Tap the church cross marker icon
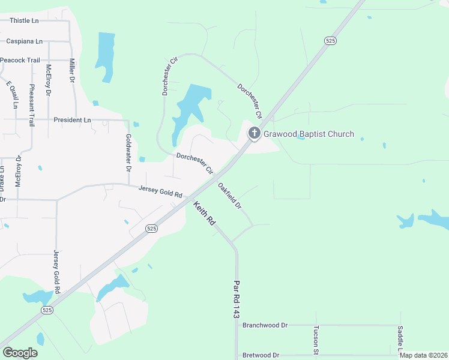[x=254, y=133]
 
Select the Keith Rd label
[x=204, y=214]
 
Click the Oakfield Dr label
[x=229, y=196]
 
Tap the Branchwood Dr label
[x=265, y=325]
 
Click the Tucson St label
[x=316, y=340]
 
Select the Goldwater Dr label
[x=128, y=152]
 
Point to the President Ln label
[x=72, y=120]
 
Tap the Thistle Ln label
[x=24, y=20]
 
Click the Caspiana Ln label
[x=25, y=41]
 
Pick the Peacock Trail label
[x=20, y=60]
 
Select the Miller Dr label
[x=72, y=71]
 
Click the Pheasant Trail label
[x=32, y=105]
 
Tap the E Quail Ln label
[x=12, y=94]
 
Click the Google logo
[x=20, y=353]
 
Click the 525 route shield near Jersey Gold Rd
[x=151, y=229]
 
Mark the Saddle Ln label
[x=400, y=340]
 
